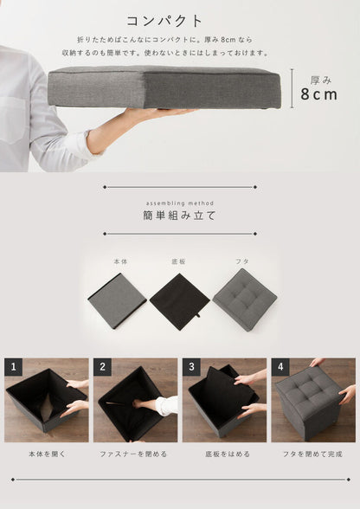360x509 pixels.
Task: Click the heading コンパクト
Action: point(165,21)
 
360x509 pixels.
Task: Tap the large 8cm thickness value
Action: point(318,94)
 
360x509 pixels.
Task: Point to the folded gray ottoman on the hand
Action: point(164,87)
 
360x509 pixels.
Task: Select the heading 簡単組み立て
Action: point(179,215)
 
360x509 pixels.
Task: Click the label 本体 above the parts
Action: point(118,259)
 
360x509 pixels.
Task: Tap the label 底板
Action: point(179,259)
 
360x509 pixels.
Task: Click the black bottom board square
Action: point(179,300)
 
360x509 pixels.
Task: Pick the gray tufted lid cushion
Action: point(244,299)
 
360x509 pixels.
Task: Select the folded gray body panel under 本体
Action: point(117,300)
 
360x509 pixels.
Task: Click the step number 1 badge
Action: point(13,367)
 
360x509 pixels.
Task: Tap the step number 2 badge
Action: point(102,367)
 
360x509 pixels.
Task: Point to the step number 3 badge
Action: point(191,367)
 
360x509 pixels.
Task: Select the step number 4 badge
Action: point(280,367)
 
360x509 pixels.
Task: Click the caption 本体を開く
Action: point(47,453)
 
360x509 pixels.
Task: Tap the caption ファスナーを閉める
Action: point(135,453)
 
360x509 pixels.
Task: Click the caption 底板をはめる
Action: point(224,453)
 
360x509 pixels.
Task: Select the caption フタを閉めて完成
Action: point(312,453)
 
